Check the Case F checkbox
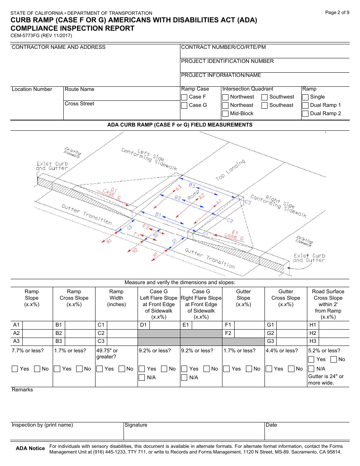coord(184,97)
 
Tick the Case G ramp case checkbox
coord(184,105)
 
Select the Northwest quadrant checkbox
coord(225,97)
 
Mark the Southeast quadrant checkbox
coord(265,105)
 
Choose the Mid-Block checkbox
coord(225,114)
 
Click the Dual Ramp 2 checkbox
coord(305,114)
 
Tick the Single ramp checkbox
coord(305,97)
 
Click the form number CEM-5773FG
coord(41,36)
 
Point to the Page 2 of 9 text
coord(337,13)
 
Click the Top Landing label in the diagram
coord(230,170)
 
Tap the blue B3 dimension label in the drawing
coord(192,186)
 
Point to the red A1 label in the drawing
coord(219,202)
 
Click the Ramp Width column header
coord(116,298)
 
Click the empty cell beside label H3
coord(334,341)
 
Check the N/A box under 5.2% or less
coord(311,369)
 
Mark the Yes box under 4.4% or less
coord(269,369)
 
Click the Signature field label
coord(136,425)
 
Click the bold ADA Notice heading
coord(30,449)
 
